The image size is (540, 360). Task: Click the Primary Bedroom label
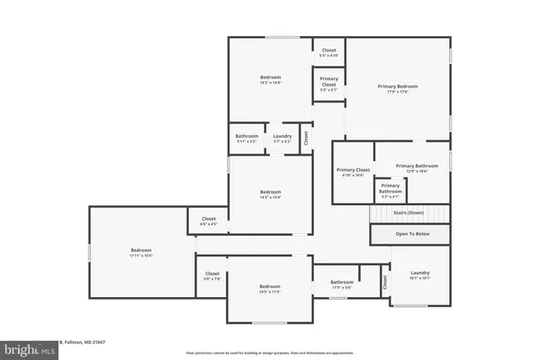click(x=397, y=86)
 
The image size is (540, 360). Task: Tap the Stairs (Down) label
click(x=409, y=213)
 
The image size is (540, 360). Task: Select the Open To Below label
click(x=409, y=233)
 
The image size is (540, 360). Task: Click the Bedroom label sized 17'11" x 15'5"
click(x=141, y=250)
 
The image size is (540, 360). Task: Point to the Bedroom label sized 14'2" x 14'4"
click(x=271, y=77)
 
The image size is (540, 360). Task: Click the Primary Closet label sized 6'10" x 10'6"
click(x=353, y=170)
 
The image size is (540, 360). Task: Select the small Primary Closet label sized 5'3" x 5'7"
click(x=328, y=85)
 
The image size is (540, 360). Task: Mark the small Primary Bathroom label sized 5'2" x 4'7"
click(x=390, y=188)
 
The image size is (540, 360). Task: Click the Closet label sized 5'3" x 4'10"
click(x=328, y=50)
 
